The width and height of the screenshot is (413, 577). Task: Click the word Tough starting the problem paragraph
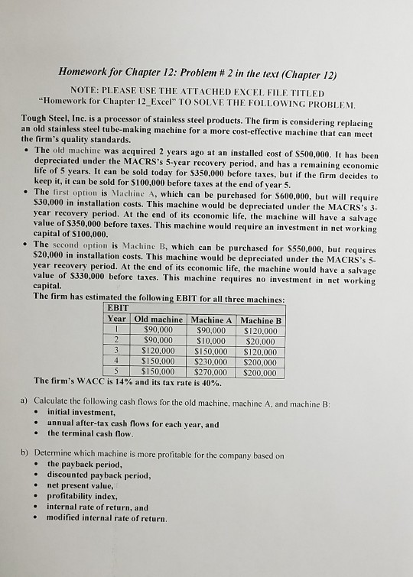[34, 122]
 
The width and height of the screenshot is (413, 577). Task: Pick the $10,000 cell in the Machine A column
[211, 341]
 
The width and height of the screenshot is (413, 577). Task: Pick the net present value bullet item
[80, 485]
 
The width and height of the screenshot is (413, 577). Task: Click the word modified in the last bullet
[68, 517]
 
